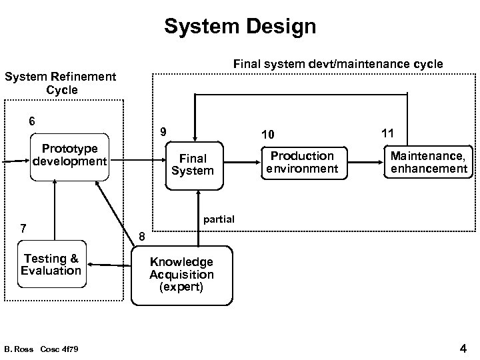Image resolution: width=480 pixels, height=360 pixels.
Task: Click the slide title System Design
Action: (x=240, y=27)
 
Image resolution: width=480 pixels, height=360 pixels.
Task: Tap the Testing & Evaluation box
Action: (x=51, y=265)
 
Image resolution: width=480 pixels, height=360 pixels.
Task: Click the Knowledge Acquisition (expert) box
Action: (x=181, y=275)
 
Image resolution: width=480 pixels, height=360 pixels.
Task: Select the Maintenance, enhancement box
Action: (x=429, y=162)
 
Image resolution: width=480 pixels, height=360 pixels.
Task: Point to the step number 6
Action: (x=31, y=121)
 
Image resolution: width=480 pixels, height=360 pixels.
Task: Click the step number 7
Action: (x=23, y=228)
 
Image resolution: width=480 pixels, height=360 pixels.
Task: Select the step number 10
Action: (x=267, y=135)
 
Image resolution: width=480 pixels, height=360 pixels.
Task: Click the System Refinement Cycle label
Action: (x=61, y=83)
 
